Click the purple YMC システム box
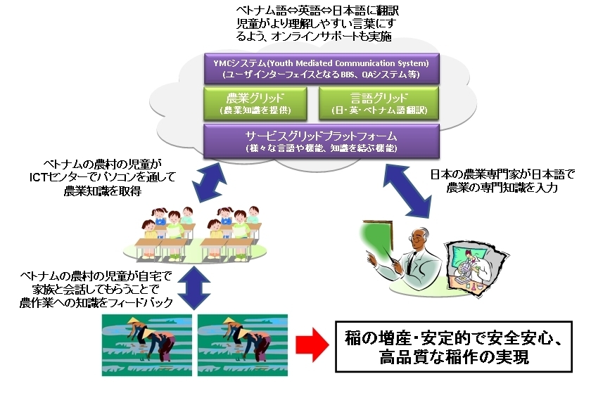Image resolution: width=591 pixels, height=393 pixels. coord(322,68)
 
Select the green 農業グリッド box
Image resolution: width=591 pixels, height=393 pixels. coord(255,103)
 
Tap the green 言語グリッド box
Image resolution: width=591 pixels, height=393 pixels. coord(379,103)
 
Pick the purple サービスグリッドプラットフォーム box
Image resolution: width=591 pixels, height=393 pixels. coord(322,141)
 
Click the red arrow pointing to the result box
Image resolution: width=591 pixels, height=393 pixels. coord(312,344)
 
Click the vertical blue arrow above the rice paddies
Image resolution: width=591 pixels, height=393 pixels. coord(194,288)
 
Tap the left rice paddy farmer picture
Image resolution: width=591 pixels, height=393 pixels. coord(146,344)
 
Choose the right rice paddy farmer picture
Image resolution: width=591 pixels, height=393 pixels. coord(242,344)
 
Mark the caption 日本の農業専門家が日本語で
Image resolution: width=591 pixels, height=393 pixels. coord(502,174)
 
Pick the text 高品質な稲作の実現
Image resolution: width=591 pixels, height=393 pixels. coord(454,357)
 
